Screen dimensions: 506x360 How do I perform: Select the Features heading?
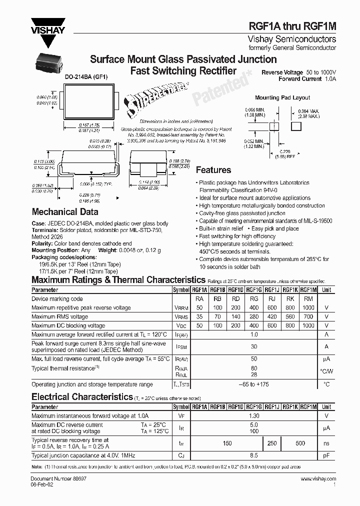[213, 170]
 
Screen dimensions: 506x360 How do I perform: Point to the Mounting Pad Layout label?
[282, 97]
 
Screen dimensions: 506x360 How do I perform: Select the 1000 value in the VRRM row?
[308, 307]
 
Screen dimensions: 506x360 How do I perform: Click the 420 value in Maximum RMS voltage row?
[272, 316]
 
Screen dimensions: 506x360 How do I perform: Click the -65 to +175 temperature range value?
[254, 384]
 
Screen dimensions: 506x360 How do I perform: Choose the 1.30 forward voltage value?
[254, 415]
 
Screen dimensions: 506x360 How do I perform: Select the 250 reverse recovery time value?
[272, 443]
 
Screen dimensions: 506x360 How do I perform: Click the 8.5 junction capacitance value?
[254, 455]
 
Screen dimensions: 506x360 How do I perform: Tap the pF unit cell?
[326, 455]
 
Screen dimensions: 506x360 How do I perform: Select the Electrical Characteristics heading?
[81, 397]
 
